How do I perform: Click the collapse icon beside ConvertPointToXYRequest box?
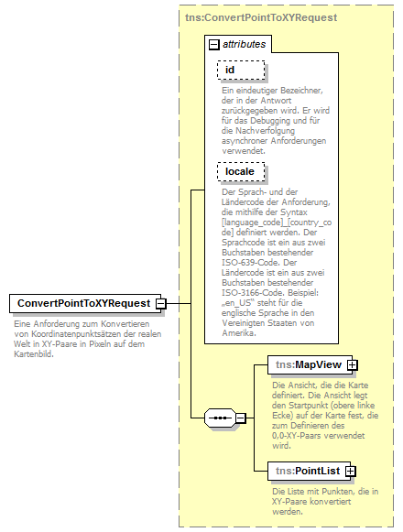pyautogui.click(x=160, y=303)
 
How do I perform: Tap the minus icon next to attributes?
pyautogui.click(x=213, y=43)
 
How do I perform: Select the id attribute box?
pyautogui.click(x=239, y=71)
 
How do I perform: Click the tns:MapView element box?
pyautogui.click(x=305, y=365)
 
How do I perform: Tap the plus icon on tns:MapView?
pyautogui.click(x=350, y=365)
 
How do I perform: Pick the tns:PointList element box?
pyautogui.click(x=306, y=471)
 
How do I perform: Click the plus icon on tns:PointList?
pyautogui.click(x=350, y=471)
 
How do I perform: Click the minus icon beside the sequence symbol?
pyautogui.click(x=241, y=418)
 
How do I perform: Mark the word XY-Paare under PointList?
pyautogui.click(x=294, y=502)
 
